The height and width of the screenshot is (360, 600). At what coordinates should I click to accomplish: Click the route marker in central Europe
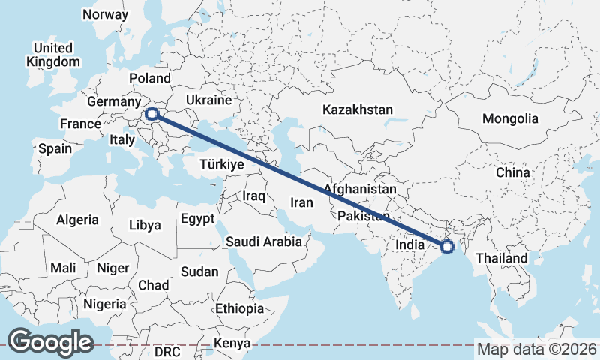[152, 114]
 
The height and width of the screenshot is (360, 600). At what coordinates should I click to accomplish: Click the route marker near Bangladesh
[447, 246]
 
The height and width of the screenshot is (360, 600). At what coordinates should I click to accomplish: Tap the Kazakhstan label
[358, 109]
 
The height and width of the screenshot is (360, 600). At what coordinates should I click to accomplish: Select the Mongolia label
[510, 118]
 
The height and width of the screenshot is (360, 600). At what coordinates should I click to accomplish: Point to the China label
[512, 172]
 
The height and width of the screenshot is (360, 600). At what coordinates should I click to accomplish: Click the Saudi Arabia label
[264, 241]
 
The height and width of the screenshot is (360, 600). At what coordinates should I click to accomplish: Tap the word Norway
[105, 14]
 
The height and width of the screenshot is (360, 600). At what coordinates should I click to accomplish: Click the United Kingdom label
[52, 55]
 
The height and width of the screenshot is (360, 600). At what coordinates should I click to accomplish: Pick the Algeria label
[77, 220]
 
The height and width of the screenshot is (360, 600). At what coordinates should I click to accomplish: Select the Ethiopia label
[239, 308]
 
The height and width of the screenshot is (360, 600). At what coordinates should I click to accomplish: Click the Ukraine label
[208, 100]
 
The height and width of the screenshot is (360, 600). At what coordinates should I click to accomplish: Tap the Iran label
[301, 202]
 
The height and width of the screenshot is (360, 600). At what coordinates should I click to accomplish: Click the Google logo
[50, 341]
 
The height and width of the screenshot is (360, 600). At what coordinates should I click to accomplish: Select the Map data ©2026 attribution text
[537, 349]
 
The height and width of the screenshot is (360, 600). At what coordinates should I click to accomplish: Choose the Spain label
[55, 148]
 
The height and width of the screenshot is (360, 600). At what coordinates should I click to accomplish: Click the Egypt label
[197, 219]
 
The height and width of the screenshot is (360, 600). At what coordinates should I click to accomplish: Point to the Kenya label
[232, 343]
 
